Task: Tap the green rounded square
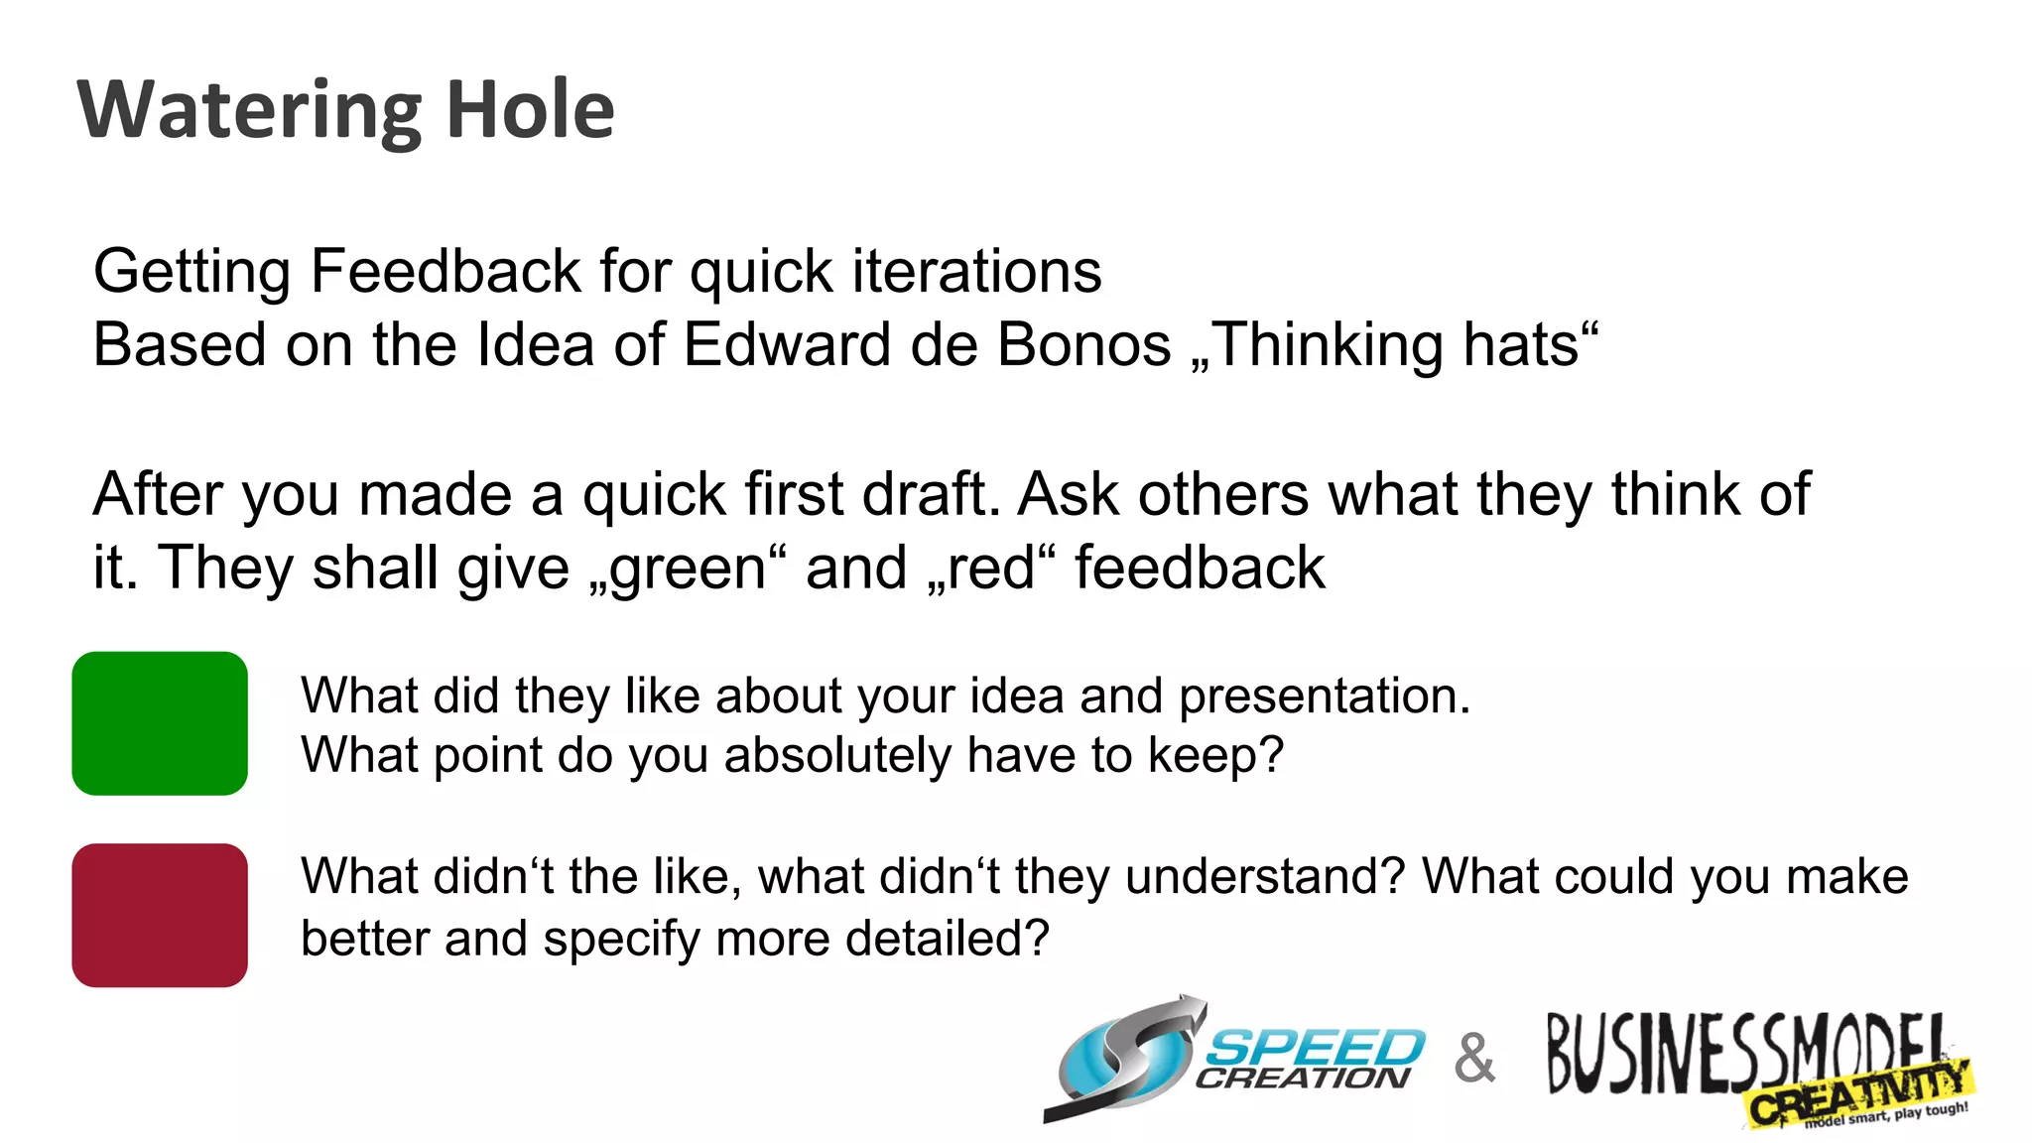[160, 723]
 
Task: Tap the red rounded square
[160, 915]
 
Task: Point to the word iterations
[976, 271]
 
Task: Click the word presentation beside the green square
[1324, 696]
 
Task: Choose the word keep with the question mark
[1215, 755]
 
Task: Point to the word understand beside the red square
[1265, 877]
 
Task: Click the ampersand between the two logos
[1474, 1059]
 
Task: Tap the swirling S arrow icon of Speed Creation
[1126, 1060]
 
